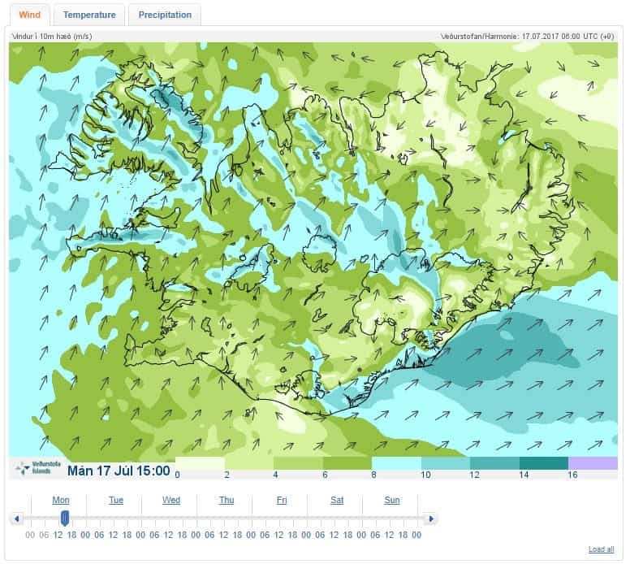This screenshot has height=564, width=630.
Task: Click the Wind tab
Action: pos(29,15)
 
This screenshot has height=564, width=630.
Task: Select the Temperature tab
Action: pos(89,15)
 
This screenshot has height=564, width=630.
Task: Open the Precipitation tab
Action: pos(165,15)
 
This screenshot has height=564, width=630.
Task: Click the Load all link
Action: pos(601,549)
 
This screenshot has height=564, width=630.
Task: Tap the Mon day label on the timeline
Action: pos(61,500)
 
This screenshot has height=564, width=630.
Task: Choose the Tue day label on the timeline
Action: pos(116,500)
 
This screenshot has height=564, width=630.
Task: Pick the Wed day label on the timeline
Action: pos(171,500)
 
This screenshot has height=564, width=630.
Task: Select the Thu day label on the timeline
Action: pos(227,500)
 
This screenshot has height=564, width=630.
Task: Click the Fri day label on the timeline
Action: pos(282,500)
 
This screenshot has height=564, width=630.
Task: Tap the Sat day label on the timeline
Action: pos(337,500)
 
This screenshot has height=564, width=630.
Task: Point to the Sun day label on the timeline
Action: pos(392,500)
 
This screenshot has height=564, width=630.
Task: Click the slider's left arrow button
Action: pos(16,518)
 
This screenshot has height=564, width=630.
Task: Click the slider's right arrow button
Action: pos(431,518)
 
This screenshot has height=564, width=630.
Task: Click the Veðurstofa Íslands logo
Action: pos(34,468)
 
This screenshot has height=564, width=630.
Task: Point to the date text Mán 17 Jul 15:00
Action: pos(119,471)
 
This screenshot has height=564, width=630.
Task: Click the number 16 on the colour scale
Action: pos(572,475)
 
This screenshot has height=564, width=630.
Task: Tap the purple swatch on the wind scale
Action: pos(593,463)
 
